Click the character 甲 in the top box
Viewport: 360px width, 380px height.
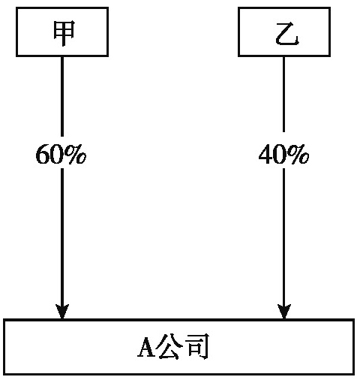tap(64, 33)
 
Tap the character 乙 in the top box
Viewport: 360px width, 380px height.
tap(287, 34)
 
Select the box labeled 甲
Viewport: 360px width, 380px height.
tap(62, 32)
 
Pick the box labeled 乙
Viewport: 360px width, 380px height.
tap(284, 32)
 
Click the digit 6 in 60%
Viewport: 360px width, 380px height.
tap(43, 154)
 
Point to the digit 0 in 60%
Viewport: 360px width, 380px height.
tap(57, 154)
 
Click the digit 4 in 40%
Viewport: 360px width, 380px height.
tap(265, 154)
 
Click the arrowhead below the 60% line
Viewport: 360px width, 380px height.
tap(62, 312)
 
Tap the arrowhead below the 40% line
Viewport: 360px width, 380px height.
tap(284, 312)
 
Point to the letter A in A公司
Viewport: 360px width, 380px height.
tap(146, 347)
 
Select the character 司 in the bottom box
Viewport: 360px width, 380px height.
tap(197, 347)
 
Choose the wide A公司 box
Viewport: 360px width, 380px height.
tap(179, 347)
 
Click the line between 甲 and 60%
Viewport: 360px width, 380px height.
tap(62, 97)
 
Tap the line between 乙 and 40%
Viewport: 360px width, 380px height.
tap(283, 95)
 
